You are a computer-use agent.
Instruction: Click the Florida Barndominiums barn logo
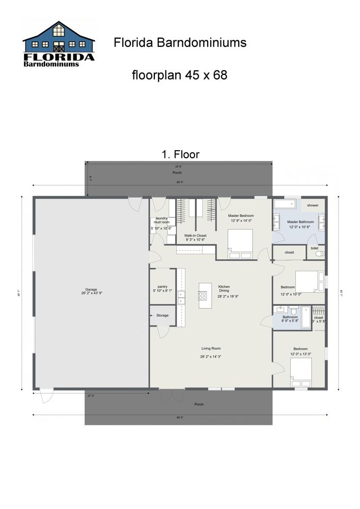[59, 44]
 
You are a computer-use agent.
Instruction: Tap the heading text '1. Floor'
[180, 154]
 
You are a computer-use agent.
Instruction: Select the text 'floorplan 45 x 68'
[179, 75]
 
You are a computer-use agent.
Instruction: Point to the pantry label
[162, 287]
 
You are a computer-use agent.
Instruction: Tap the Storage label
[162, 316]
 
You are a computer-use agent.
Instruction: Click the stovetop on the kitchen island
[202, 295]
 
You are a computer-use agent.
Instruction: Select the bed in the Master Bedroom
[240, 243]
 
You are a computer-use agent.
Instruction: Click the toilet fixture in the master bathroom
[319, 253]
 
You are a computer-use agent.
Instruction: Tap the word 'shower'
[313, 205]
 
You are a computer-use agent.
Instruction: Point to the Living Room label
[210, 349]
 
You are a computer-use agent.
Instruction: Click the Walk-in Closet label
[195, 236]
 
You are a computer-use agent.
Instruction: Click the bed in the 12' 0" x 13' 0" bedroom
[300, 373]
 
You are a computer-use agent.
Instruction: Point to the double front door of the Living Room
[172, 395]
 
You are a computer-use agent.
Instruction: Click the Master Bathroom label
[300, 222]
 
